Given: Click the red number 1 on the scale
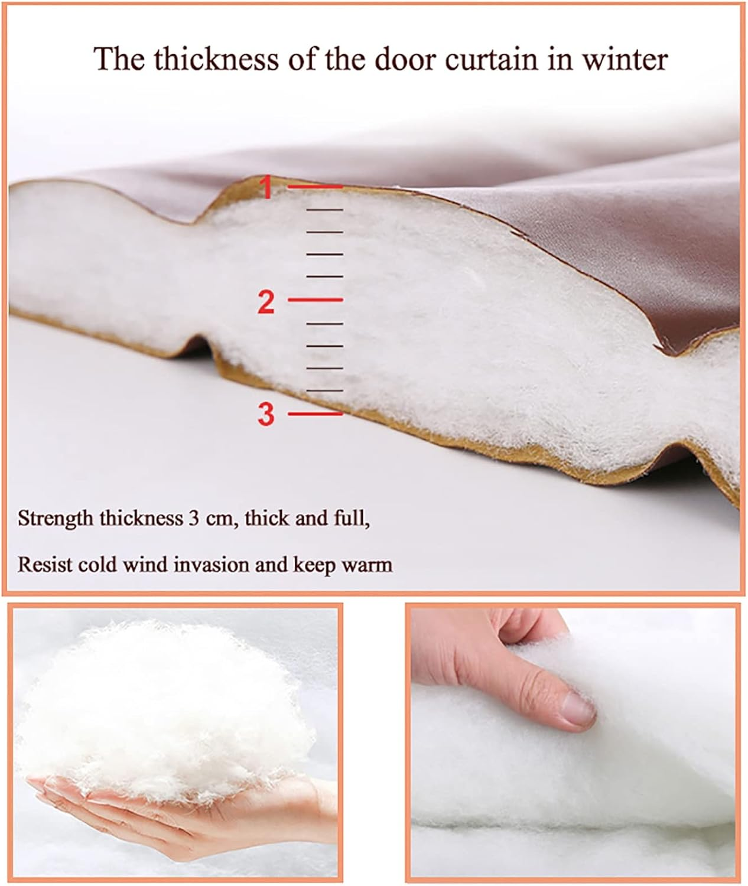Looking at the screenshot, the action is pyautogui.click(x=266, y=188).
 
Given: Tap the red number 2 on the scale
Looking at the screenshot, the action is pyautogui.click(x=266, y=302).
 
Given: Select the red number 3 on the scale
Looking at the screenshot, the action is pyautogui.click(x=266, y=415).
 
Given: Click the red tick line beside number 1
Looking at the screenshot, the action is pyautogui.click(x=315, y=186).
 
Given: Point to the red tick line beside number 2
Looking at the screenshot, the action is pyautogui.click(x=315, y=299).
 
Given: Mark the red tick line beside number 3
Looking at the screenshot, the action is pyautogui.click(x=315, y=413).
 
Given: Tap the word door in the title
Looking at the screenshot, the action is pyautogui.click(x=405, y=59).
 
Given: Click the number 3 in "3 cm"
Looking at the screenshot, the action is pyautogui.click(x=194, y=519).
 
